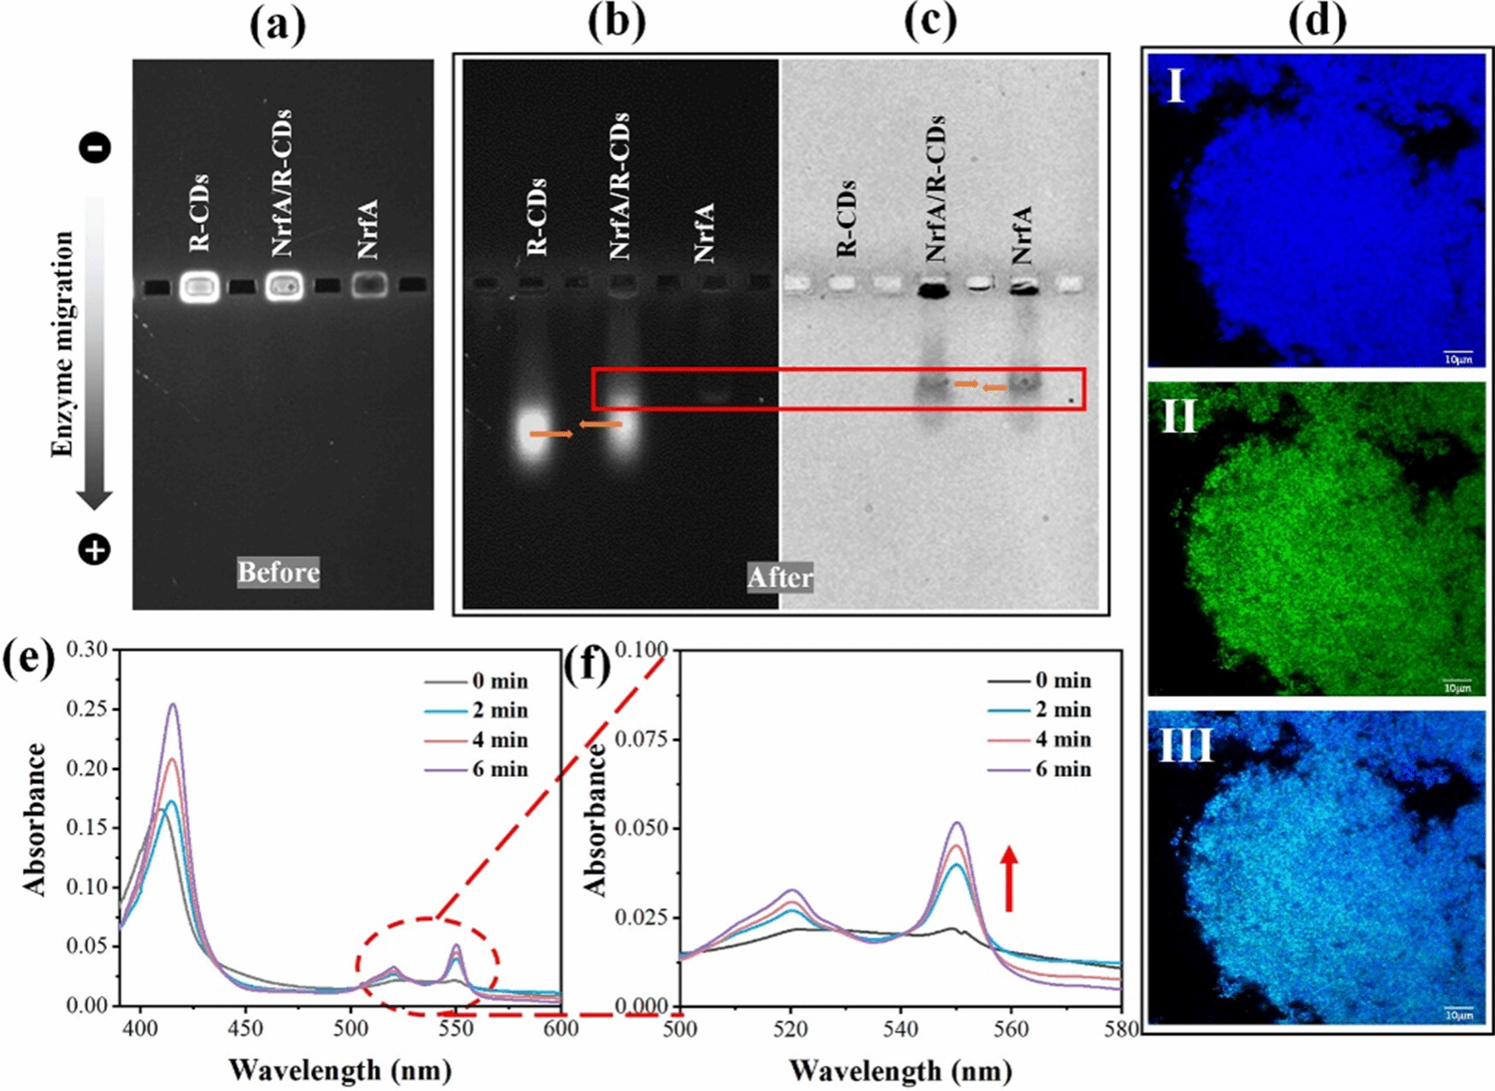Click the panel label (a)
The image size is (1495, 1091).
tap(278, 25)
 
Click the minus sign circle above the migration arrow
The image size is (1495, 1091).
tap(95, 147)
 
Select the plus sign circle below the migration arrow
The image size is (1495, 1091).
tap(94, 550)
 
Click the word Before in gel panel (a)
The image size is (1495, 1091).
tap(278, 572)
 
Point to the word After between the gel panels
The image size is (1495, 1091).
tap(779, 577)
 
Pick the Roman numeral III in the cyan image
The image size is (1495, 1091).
tap(1185, 744)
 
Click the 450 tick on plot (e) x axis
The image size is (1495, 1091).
tap(246, 1029)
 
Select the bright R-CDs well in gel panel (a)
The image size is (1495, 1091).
tap(200, 288)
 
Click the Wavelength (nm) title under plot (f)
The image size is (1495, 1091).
tap(900, 1069)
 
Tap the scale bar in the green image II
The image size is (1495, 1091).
tap(1458, 681)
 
